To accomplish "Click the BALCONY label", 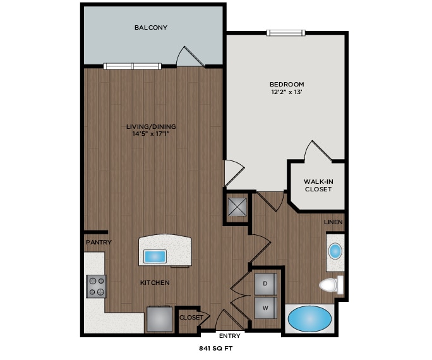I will tap(150, 28).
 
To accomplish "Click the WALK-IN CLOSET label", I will tap(318, 186).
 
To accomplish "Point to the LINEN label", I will tap(333, 222).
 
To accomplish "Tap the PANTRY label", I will tap(99, 242).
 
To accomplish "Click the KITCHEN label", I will tap(155, 283).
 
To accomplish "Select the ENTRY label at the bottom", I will tap(229, 335).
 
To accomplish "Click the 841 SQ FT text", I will tap(216, 348).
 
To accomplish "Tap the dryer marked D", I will tap(266, 284).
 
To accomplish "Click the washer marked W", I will tap(266, 308).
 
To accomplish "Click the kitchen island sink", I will tap(155, 256).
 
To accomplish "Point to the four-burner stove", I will tap(97, 286).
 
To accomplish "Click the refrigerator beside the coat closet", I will tap(159, 319).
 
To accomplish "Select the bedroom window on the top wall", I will tap(286, 33).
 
